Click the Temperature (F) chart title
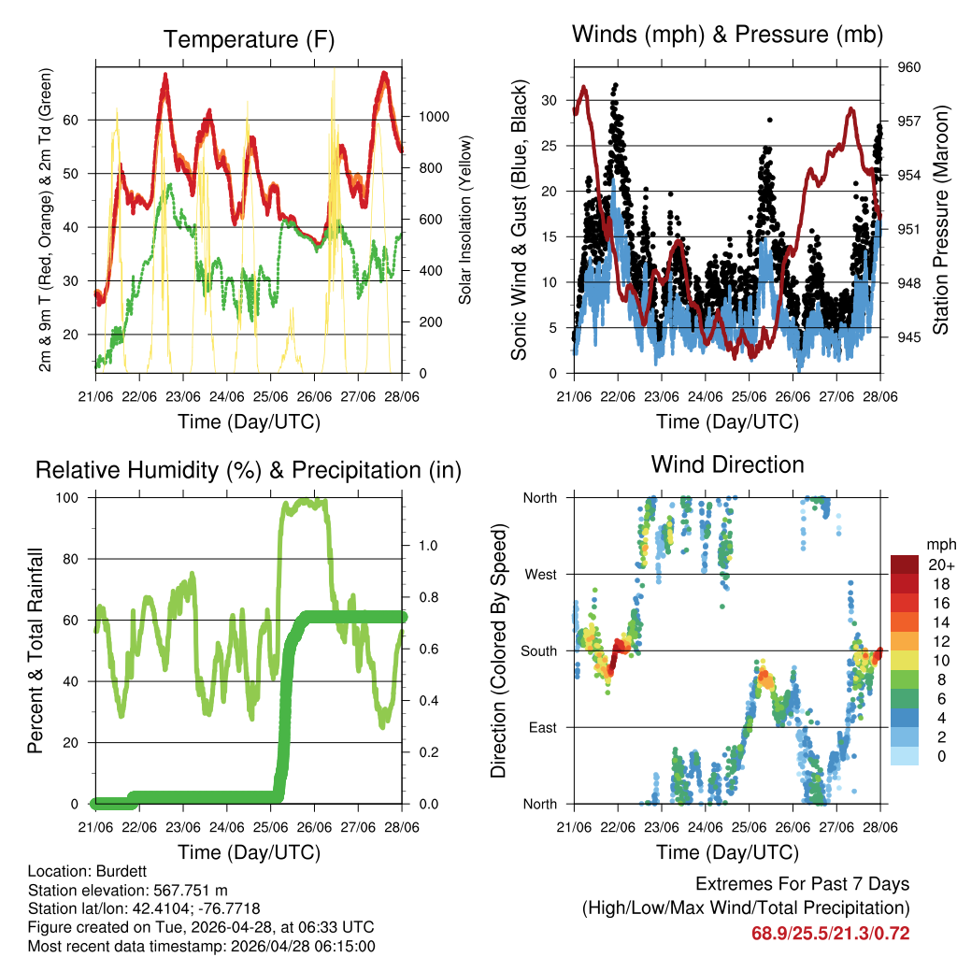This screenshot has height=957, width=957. [249, 39]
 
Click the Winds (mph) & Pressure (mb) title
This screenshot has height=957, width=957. [727, 36]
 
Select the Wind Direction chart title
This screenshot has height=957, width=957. [727, 464]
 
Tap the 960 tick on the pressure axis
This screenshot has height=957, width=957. [910, 67]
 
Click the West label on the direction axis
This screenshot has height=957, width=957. [539, 574]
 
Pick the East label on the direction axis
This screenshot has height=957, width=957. [542, 727]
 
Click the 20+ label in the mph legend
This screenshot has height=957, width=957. [940, 564]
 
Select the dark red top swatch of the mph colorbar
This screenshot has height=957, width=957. [904, 564]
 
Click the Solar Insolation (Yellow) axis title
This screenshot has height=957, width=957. [464, 220]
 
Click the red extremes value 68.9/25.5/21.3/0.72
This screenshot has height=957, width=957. [831, 933]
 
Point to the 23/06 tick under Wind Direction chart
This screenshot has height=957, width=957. [662, 826]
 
